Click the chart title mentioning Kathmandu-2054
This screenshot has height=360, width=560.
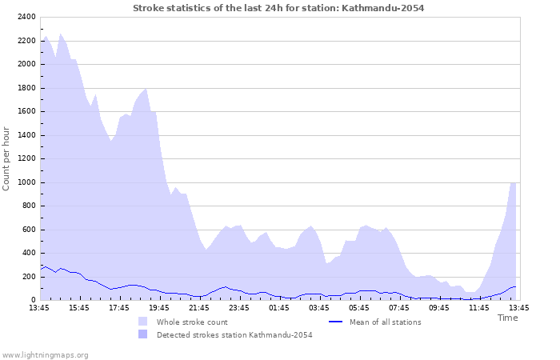278,8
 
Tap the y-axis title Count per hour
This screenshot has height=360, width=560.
7,158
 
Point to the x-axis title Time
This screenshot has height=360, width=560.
507,318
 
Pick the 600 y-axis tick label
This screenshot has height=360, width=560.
28,230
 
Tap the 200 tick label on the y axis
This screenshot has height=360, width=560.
28,277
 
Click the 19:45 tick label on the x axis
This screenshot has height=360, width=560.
159,307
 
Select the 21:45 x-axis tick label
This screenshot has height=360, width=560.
199,307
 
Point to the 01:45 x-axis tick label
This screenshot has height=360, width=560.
279,307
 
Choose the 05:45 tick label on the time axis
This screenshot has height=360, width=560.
359,307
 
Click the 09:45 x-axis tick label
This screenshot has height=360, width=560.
439,307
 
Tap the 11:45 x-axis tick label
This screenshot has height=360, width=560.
479,307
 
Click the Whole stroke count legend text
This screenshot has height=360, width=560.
192,322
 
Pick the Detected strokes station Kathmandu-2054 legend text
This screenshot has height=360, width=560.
234,335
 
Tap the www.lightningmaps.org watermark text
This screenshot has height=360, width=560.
45,354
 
